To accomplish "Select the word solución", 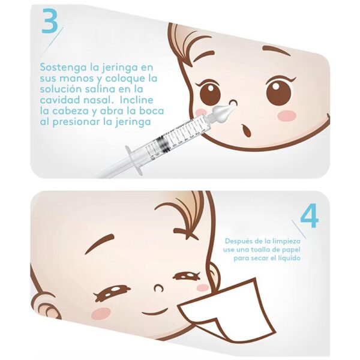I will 61,89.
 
